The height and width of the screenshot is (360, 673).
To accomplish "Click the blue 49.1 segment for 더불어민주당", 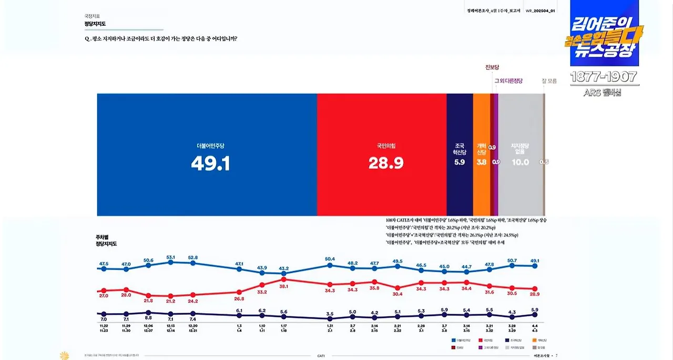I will (207, 155).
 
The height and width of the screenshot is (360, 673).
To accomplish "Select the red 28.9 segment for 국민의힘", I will (381, 155).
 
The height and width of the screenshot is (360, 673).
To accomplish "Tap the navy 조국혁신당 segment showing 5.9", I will (460, 155).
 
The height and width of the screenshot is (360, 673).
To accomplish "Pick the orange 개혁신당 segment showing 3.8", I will (481, 155).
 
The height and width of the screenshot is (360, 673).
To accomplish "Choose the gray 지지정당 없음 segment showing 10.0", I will (520, 155).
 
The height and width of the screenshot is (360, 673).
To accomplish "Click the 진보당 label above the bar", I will (492, 67).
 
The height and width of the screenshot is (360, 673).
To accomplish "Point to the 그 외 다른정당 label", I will (508, 80).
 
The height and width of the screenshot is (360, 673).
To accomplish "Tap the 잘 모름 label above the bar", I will (549, 80).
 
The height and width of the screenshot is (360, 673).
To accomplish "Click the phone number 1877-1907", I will (604, 77).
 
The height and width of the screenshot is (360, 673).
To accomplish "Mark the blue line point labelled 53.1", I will (171, 262).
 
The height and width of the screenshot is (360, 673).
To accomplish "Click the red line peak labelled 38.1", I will (284, 280).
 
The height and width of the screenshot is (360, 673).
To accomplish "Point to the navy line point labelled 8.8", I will (148, 313).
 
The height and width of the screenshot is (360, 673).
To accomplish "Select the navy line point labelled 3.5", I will (330, 318).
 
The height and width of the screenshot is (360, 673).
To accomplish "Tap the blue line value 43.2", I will (284, 269).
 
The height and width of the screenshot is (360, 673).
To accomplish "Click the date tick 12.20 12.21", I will (193, 328).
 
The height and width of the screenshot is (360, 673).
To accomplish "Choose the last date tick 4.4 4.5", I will (535, 328).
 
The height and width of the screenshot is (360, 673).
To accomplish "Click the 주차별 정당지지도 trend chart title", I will (106, 241).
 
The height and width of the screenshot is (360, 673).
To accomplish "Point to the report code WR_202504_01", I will (541, 11).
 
